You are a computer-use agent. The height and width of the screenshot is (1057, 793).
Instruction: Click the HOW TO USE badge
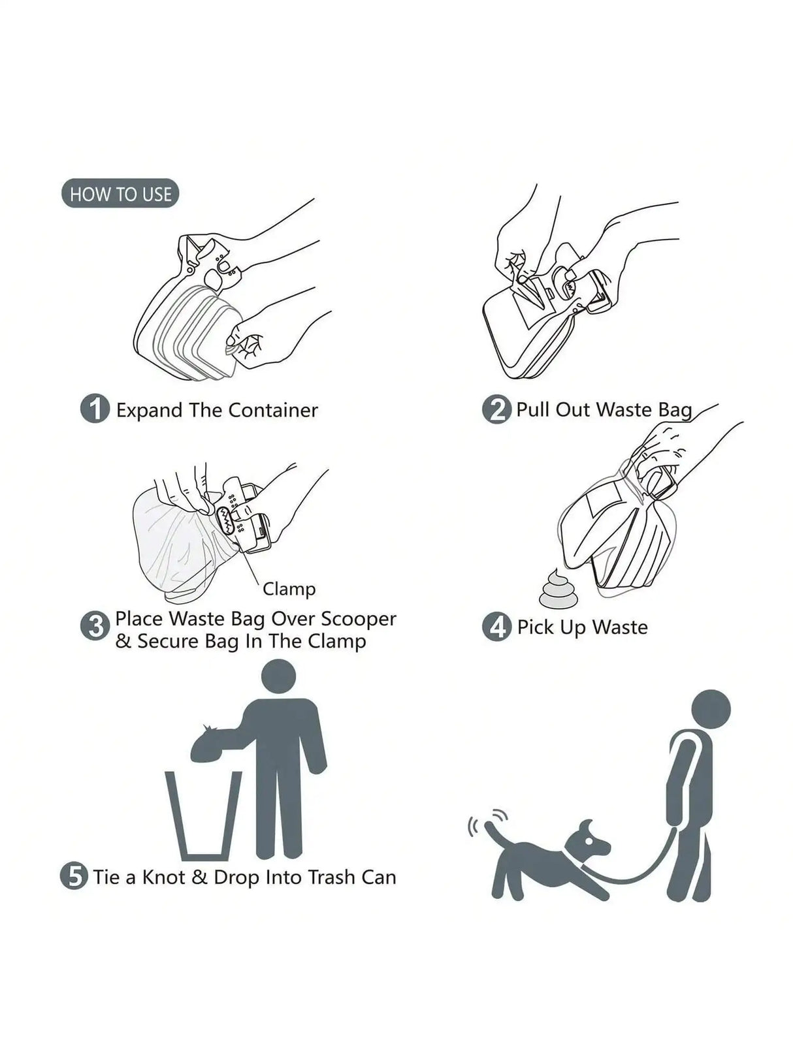click(x=120, y=194)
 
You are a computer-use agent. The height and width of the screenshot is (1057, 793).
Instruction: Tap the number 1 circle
click(x=95, y=409)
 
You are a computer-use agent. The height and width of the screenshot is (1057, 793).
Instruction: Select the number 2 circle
click(x=496, y=410)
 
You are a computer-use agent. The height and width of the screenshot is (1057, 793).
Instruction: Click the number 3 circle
click(x=95, y=626)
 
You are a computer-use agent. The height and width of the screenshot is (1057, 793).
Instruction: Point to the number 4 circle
click(x=496, y=627)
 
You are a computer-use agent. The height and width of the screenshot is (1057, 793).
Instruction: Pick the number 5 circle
click(x=74, y=876)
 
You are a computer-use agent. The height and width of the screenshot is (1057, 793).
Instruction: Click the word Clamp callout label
click(x=289, y=588)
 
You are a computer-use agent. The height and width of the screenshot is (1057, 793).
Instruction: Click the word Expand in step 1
click(x=149, y=410)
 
